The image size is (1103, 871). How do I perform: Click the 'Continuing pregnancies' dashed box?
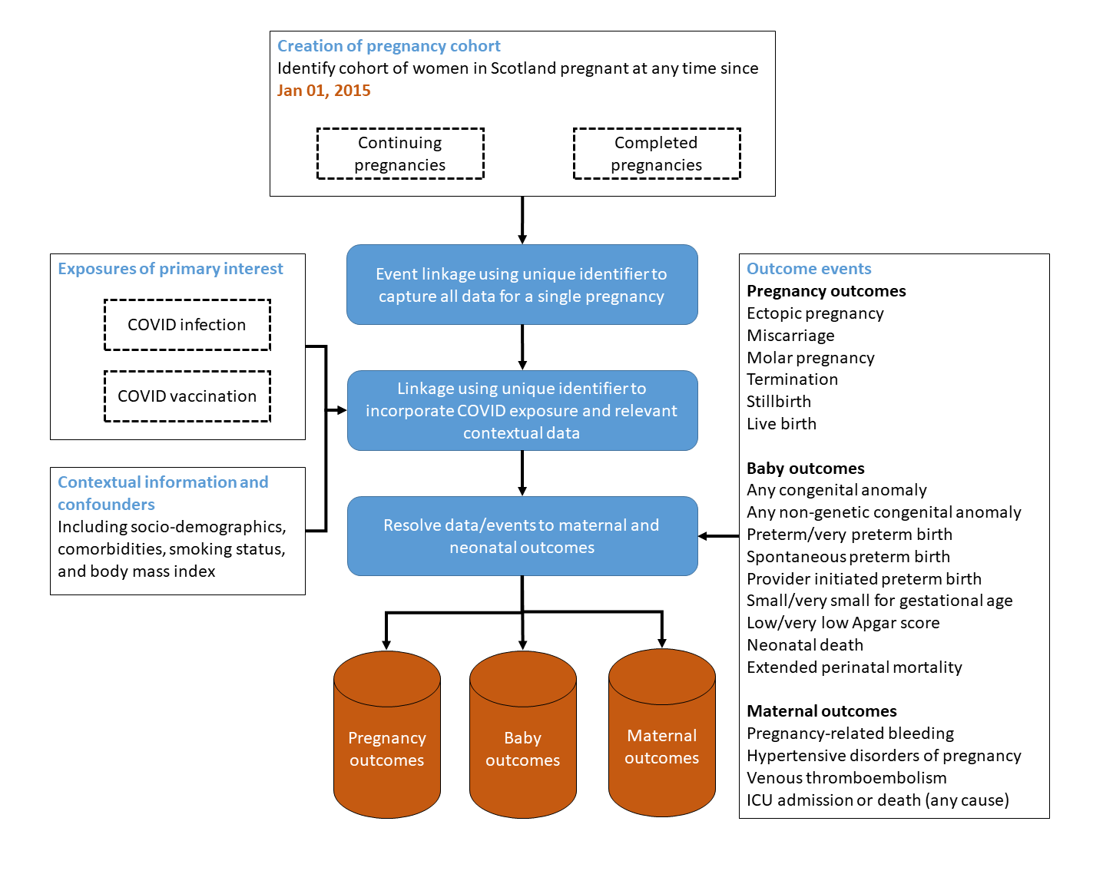click(x=400, y=154)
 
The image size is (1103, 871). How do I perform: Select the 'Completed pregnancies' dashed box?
click(x=657, y=154)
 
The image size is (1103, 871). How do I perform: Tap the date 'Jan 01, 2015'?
click(x=323, y=91)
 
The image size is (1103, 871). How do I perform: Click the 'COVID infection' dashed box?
click(x=187, y=325)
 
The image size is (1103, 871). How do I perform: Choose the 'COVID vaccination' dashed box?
click(x=187, y=396)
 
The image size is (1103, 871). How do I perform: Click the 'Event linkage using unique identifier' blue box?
click(x=522, y=285)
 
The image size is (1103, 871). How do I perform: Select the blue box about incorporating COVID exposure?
click(x=522, y=411)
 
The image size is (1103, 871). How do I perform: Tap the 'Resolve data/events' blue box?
click(x=522, y=536)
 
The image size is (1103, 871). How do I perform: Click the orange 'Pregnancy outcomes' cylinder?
click(x=386, y=749)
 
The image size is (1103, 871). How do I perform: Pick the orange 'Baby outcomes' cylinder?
click(x=522, y=749)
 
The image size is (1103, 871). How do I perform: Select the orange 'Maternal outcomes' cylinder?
click(x=661, y=747)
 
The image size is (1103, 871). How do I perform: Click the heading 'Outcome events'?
click(x=809, y=269)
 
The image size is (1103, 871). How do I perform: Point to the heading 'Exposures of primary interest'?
click(x=171, y=269)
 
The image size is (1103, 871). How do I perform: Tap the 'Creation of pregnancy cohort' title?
click(x=389, y=46)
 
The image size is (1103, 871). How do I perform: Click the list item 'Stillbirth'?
click(x=779, y=402)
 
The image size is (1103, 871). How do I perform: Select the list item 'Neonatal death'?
click(x=805, y=645)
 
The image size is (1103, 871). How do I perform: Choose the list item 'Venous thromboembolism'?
click(x=846, y=778)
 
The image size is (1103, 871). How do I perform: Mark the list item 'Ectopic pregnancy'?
click(x=815, y=313)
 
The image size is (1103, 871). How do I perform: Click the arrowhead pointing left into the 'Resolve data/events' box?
click(x=704, y=536)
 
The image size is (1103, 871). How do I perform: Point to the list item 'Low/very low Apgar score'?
click(x=843, y=623)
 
